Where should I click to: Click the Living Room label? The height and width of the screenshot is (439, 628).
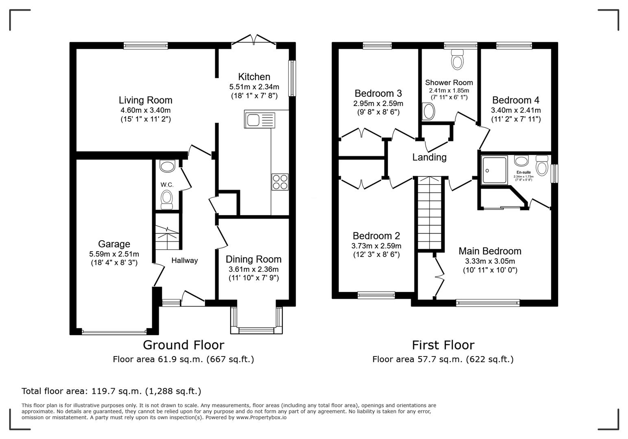(145, 100)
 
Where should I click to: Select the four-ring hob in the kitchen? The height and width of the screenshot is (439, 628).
(280, 182)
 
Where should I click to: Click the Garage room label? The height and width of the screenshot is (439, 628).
(114, 244)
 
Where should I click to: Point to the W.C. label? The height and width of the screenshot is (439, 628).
(167, 185)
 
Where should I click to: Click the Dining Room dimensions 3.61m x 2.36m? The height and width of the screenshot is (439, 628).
(253, 269)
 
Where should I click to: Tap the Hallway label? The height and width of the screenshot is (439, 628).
(184, 261)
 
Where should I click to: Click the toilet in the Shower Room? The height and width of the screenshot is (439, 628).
(458, 60)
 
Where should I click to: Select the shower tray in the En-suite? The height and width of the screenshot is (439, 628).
(495, 170)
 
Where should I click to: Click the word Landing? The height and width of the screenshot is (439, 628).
(429, 157)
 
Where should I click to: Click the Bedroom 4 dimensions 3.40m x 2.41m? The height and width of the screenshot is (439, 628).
(515, 110)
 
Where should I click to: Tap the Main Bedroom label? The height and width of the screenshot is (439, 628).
(490, 251)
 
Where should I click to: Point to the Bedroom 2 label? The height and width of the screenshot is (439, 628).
(376, 236)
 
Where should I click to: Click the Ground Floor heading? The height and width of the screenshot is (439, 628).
(183, 345)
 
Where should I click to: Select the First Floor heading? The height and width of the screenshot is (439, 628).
(443, 345)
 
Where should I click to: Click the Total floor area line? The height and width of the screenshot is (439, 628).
(111, 391)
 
